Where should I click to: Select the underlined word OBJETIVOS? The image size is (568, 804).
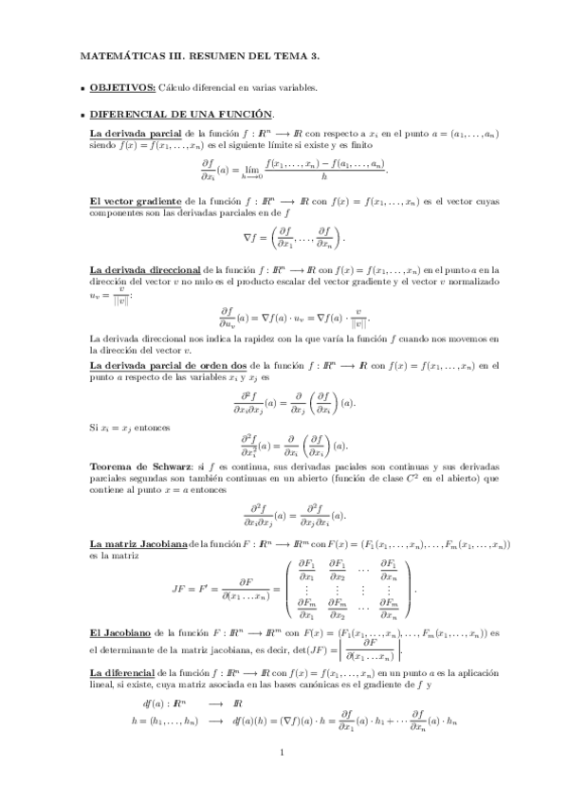[122, 88]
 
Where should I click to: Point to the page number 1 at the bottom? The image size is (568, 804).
[283, 754]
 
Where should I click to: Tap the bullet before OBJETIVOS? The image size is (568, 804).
[82, 89]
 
